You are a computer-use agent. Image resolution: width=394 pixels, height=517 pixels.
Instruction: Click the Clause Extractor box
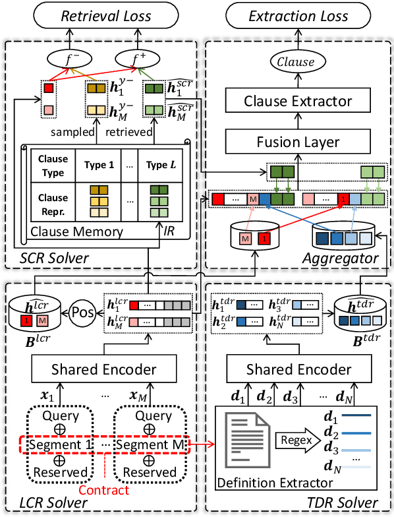coord(298,101)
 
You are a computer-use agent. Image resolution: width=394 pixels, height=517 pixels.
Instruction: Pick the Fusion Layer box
coord(298,141)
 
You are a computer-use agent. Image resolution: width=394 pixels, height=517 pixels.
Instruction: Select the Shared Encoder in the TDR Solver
coord(298,369)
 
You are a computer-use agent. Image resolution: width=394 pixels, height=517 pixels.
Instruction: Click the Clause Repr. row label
coord(53,204)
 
